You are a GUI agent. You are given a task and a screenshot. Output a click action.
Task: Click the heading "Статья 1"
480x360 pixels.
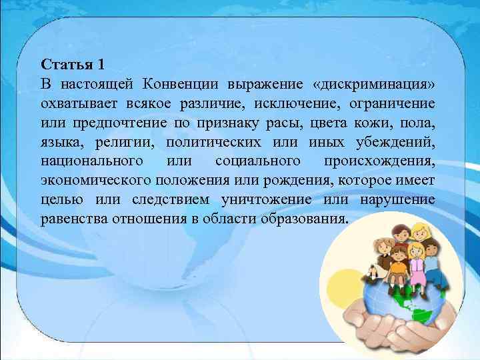73,65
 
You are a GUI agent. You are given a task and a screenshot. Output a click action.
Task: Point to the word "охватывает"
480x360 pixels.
79,104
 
